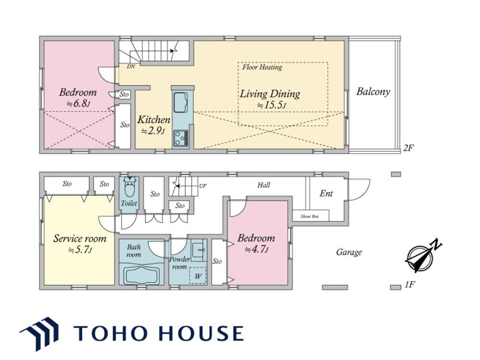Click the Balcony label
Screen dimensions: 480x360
click(373, 92)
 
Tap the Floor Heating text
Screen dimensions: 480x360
click(262, 67)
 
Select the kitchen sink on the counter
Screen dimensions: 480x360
click(181, 102)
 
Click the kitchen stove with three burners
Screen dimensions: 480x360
click(180, 138)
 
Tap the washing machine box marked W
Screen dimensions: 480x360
click(198, 276)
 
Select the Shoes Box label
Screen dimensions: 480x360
click(310, 216)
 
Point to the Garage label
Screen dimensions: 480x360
click(349, 252)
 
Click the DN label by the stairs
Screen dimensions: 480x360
click(131, 66)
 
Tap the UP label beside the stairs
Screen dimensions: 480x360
click(203, 186)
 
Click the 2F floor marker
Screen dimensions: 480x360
click(408, 148)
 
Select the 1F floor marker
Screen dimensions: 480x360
click(409, 285)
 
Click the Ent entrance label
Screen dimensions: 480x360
click(326, 193)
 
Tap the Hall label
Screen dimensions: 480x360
click(264, 185)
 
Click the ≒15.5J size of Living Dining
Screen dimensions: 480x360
click(271, 105)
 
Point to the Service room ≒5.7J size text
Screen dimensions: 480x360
click(80, 250)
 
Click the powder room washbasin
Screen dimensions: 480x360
click(199, 250)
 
